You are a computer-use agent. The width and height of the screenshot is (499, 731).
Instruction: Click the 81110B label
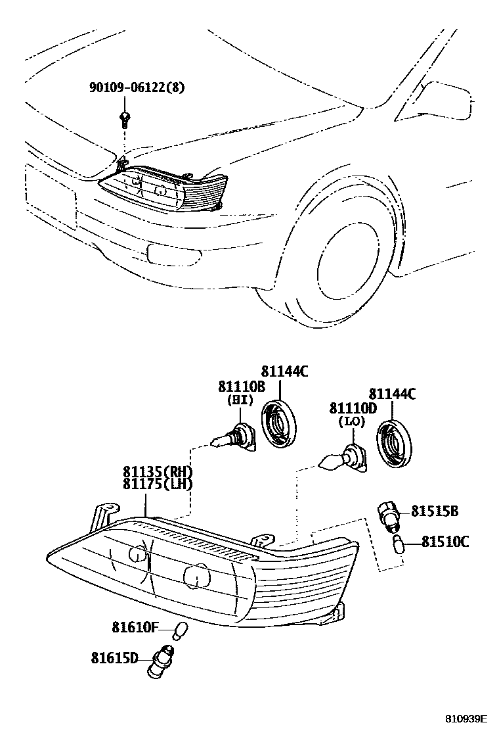tap(241, 387)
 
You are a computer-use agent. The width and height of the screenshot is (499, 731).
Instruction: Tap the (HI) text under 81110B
tap(240, 400)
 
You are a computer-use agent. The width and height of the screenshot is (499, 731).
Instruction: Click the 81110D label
tap(353, 408)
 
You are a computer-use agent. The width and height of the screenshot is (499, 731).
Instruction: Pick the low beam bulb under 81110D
tap(344, 458)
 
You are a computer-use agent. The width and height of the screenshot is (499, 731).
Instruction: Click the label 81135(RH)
tap(158, 471)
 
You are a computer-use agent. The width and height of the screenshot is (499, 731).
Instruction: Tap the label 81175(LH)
tap(158, 484)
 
